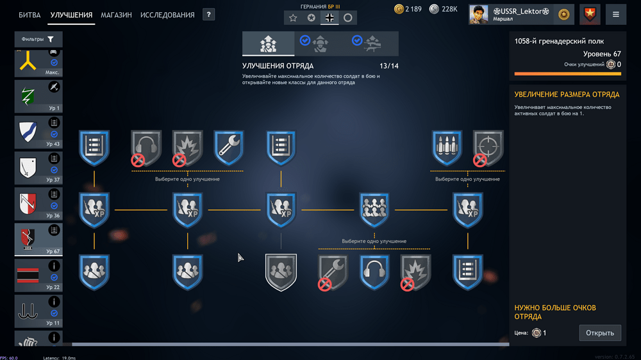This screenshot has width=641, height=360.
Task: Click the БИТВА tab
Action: click(x=29, y=15)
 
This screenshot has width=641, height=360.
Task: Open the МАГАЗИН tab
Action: click(x=116, y=15)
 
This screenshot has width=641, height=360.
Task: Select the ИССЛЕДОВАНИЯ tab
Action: click(x=167, y=15)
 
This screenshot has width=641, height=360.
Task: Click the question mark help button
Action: click(x=208, y=15)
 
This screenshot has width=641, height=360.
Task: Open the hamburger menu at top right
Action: click(x=616, y=14)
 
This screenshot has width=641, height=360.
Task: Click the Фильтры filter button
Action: click(x=38, y=40)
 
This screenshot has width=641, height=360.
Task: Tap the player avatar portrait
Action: click(x=479, y=14)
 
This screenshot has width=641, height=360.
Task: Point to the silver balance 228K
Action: click(x=444, y=9)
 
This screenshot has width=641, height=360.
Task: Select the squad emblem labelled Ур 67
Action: click(x=38, y=240)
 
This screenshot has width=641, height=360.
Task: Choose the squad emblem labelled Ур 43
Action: click(x=38, y=133)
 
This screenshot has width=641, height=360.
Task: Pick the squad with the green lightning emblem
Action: click(x=38, y=97)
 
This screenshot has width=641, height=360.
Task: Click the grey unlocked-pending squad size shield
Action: click(x=281, y=272)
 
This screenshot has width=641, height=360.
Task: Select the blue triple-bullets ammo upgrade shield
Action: click(x=447, y=147)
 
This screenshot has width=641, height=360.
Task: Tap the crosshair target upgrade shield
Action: click(x=488, y=147)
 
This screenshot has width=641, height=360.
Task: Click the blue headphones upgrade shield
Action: click(x=374, y=272)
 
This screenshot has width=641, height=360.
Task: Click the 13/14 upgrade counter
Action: click(x=388, y=66)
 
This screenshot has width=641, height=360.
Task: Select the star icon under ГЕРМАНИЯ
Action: click(x=293, y=18)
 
